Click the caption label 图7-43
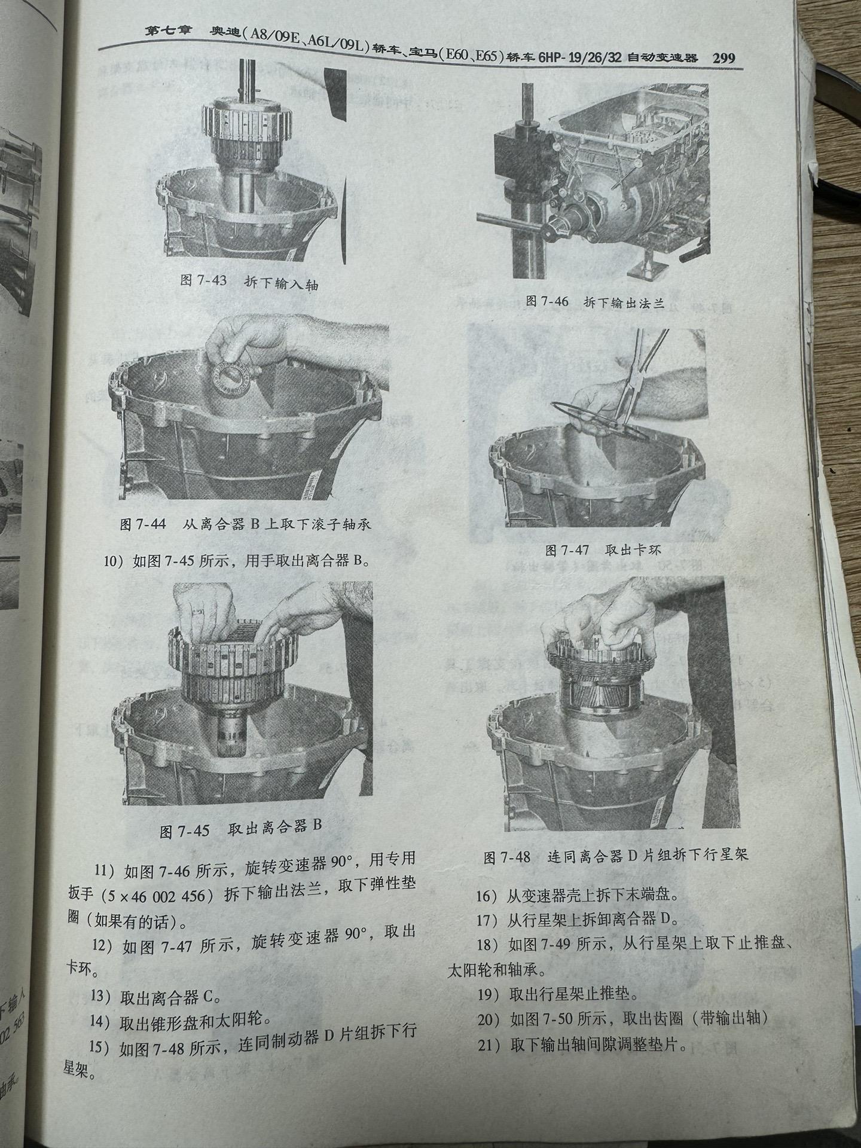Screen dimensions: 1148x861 point(203,280)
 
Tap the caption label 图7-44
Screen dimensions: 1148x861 point(143,524)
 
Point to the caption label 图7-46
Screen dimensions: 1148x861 point(546,301)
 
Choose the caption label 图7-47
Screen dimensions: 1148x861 point(567,549)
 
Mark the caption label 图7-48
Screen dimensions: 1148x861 point(507,857)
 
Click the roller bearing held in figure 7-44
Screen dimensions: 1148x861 point(231,377)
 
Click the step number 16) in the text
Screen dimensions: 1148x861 point(487,896)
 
